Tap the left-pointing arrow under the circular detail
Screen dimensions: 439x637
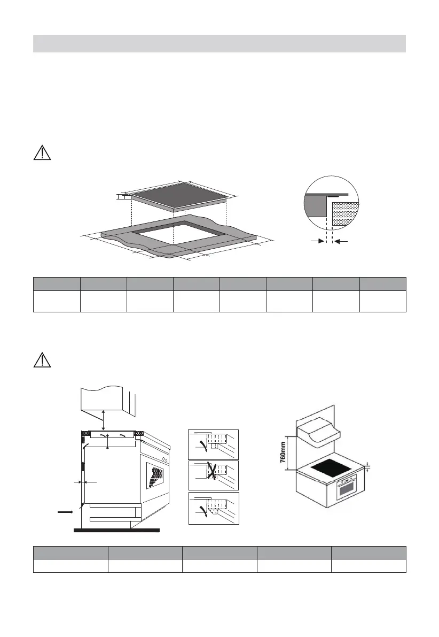click(x=341, y=242)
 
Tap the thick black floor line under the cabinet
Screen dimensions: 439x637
click(x=116, y=531)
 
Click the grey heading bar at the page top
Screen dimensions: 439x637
click(x=219, y=43)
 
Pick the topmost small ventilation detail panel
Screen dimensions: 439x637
click(x=214, y=444)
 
